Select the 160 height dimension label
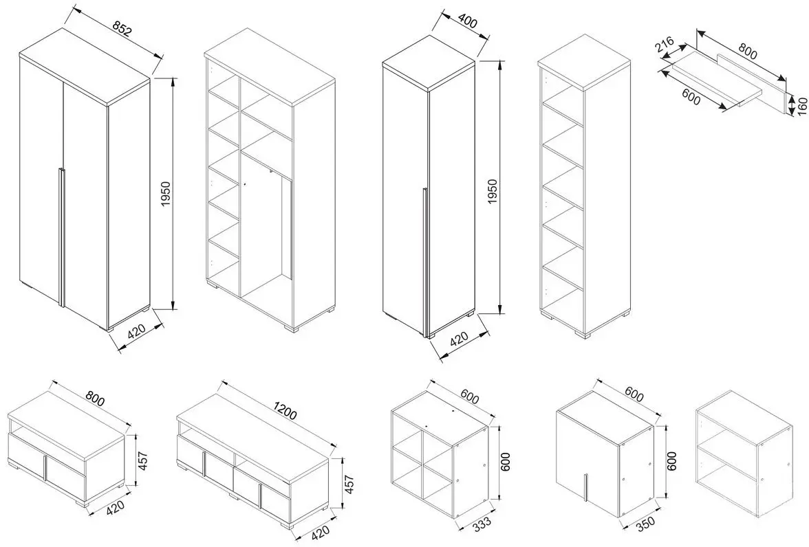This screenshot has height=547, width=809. click(801, 106)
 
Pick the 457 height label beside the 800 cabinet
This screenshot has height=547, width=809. click(143, 459)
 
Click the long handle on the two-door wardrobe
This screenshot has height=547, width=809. click(61, 236)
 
